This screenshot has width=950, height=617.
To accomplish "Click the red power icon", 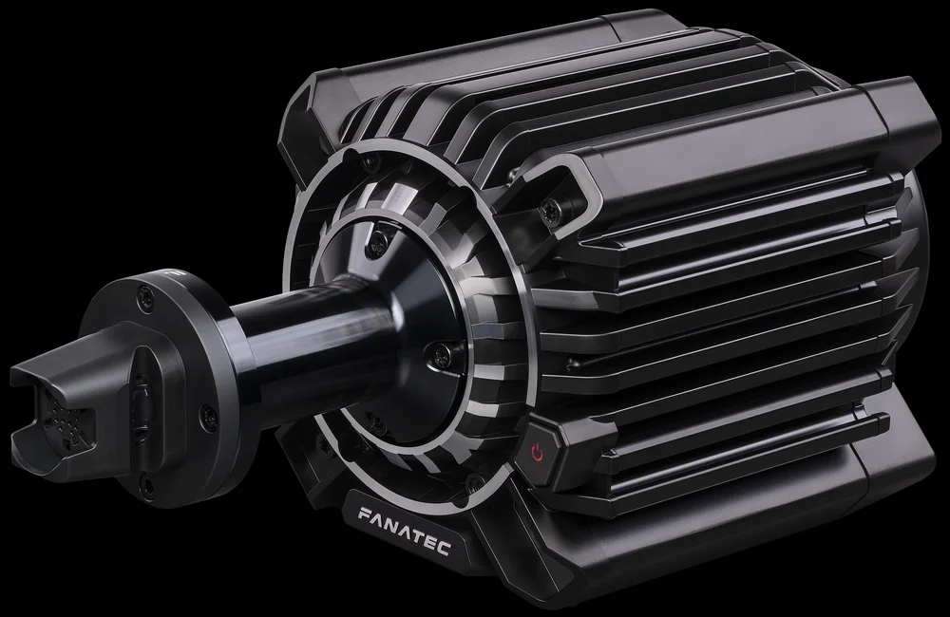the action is [x=536, y=452].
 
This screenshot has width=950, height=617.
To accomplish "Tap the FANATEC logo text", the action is [x=404, y=532].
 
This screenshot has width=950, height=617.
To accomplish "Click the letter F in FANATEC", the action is [x=364, y=514].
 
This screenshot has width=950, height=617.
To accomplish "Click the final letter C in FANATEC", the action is [x=444, y=549].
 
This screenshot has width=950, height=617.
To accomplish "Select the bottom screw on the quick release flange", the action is [x=146, y=482].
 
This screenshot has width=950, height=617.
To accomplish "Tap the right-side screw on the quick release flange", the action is [x=208, y=416].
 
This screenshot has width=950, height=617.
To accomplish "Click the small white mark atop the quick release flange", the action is [x=173, y=273].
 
